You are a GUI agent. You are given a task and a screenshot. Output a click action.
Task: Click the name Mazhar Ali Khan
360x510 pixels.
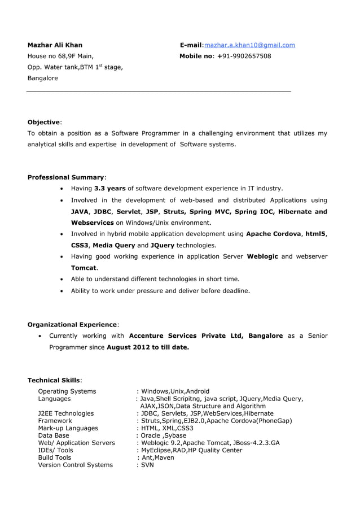(55, 45)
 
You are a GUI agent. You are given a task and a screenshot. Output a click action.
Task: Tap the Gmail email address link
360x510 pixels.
(249, 45)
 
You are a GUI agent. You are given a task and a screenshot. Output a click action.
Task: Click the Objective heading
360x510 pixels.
(44, 123)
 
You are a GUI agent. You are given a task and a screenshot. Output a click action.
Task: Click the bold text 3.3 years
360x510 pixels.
(109, 189)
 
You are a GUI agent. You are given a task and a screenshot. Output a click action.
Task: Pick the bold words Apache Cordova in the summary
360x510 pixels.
(274, 234)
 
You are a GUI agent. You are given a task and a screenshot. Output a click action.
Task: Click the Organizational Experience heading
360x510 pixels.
(72, 325)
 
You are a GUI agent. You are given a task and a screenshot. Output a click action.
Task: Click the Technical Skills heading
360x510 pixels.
(54, 381)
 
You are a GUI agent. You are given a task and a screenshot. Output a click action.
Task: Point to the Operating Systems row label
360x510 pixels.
(67, 391)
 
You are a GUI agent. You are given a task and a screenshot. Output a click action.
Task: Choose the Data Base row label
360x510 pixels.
(54, 435)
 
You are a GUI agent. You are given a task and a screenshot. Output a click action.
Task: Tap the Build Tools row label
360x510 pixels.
(55, 457)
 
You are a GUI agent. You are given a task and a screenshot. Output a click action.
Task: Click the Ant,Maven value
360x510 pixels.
(157, 457)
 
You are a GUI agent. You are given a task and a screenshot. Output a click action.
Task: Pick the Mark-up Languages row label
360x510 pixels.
(68, 428)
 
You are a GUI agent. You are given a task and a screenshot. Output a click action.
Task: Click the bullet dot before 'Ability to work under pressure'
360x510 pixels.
(61, 291)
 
